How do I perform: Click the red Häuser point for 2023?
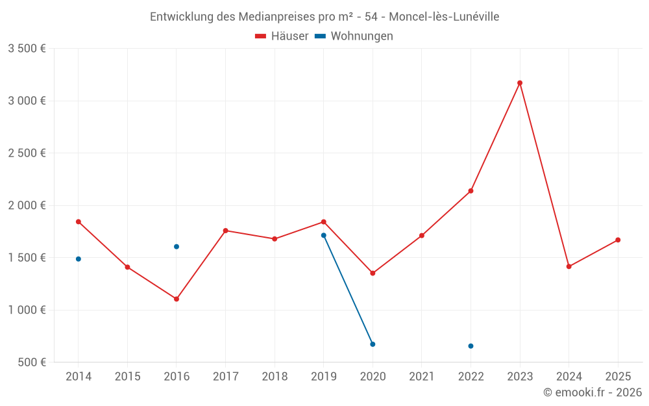[520, 83]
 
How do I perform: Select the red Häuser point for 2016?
[177, 299]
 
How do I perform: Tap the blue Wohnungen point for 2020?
[373, 344]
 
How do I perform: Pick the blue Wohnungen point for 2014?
[79, 259]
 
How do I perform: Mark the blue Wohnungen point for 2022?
[471, 346]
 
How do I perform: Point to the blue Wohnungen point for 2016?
[177, 247]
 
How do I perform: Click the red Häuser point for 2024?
[569, 266]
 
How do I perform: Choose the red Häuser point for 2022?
[471, 191]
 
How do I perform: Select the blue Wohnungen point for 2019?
[324, 235]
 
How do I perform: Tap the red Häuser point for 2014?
[79, 222]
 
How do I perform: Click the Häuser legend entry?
[282, 36]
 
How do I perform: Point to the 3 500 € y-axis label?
[27, 49]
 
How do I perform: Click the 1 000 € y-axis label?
[27, 310]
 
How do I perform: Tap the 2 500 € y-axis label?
[27, 153]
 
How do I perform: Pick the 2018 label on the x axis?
[275, 377]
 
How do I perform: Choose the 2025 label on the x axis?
[618, 377]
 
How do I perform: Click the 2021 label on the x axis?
[422, 377]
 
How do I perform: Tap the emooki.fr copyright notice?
[592, 392]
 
